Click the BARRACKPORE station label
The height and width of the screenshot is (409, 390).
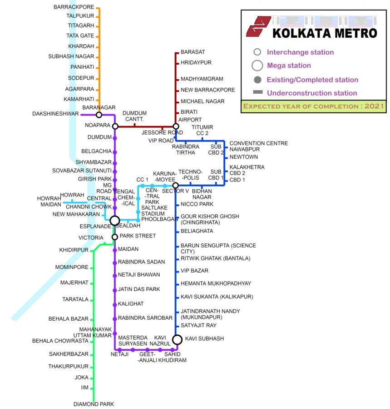(x=74, y=7)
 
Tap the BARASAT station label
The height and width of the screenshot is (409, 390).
(x=193, y=52)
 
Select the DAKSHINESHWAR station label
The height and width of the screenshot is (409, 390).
(x=55, y=114)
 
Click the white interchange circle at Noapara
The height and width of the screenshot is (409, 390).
(x=115, y=126)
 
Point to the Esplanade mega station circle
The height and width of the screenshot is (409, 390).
(x=114, y=221)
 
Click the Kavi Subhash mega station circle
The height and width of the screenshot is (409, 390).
(x=178, y=339)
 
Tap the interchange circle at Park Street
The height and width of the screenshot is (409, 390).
(x=114, y=237)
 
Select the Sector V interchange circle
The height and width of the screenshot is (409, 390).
(x=175, y=186)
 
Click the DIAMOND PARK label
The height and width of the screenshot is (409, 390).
(x=94, y=404)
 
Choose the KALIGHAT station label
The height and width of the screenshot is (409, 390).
(x=131, y=303)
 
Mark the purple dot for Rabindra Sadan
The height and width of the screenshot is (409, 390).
(x=114, y=263)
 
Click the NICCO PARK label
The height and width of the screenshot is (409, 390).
(x=197, y=204)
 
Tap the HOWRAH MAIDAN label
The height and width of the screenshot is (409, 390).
(x=49, y=202)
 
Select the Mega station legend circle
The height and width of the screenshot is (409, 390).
(x=257, y=66)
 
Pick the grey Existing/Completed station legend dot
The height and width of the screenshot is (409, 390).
(x=257, y=80)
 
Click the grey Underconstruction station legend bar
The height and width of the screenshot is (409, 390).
(x=258, y=92)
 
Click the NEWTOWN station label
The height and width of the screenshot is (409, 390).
(x=244, y=157)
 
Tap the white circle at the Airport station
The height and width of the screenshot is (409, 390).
(x=176, y=126)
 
